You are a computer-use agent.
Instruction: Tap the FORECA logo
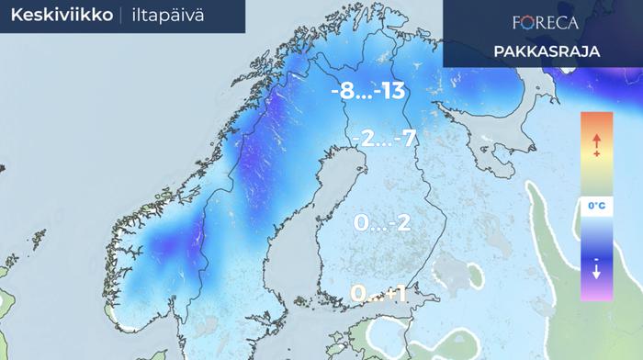tap(545, 22)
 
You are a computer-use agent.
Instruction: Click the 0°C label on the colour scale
tap(596, 208)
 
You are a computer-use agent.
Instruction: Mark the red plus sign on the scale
tap(596, 154)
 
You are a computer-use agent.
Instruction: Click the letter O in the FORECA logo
tap(525, 22)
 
